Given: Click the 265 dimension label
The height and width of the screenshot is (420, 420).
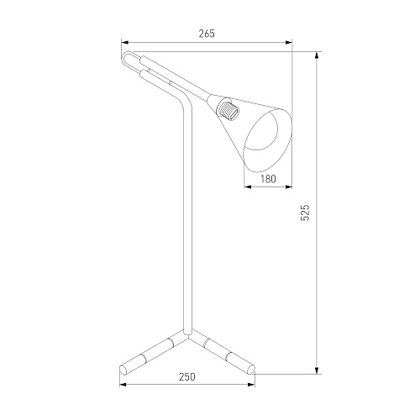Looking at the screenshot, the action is coord(207,34).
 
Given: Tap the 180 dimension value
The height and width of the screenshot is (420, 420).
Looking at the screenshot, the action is coord(268,179).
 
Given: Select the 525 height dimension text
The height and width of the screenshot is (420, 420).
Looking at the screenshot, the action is coord(305,213).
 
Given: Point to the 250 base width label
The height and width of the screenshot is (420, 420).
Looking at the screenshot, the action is coord(187,377).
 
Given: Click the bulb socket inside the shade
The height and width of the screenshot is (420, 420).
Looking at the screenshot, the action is coord(228,110).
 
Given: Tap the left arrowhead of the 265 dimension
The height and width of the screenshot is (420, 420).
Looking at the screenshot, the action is coord(124,43).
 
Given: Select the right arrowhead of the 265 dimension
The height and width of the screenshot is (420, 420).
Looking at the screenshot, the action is coord(289,43).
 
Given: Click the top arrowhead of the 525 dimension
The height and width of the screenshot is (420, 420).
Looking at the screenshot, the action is coord(317,55).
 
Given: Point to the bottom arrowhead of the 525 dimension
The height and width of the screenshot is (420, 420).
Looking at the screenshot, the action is coord(317,370).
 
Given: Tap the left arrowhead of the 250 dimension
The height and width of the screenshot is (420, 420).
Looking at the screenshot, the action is coord(123,385).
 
